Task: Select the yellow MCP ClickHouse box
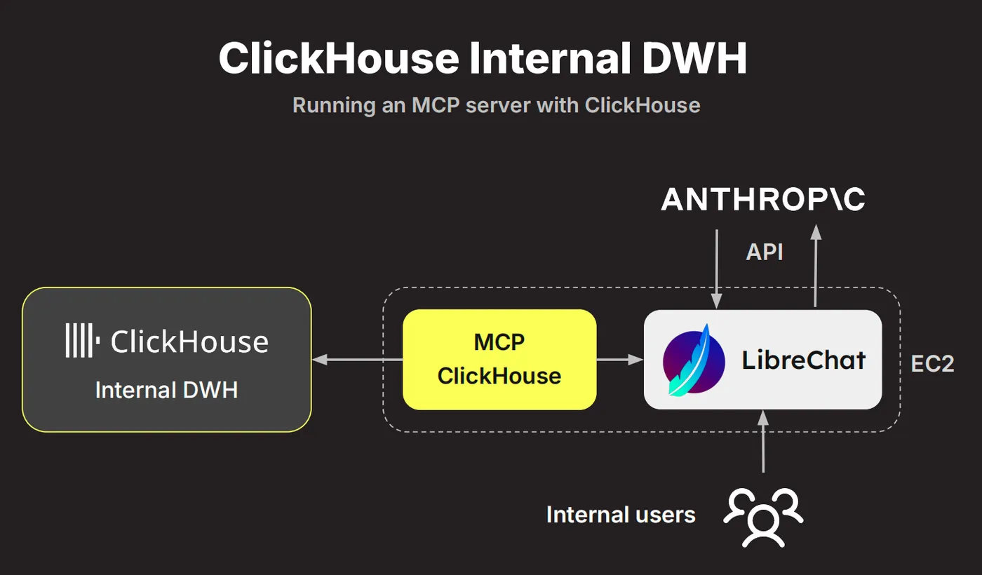[x=499, y=360]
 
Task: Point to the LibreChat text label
[x=804, y=360]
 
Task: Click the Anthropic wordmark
[x=763, y=200]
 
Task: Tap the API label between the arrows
[x=765, y=252]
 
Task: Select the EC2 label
[x=932, y=364]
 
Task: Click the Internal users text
[x=621, y=515]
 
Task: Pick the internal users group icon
[x=763, y=517]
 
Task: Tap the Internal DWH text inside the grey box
[x=166, y=390]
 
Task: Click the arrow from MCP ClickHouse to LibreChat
[x=619, y=360]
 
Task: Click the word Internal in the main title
[x=546, y=58]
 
